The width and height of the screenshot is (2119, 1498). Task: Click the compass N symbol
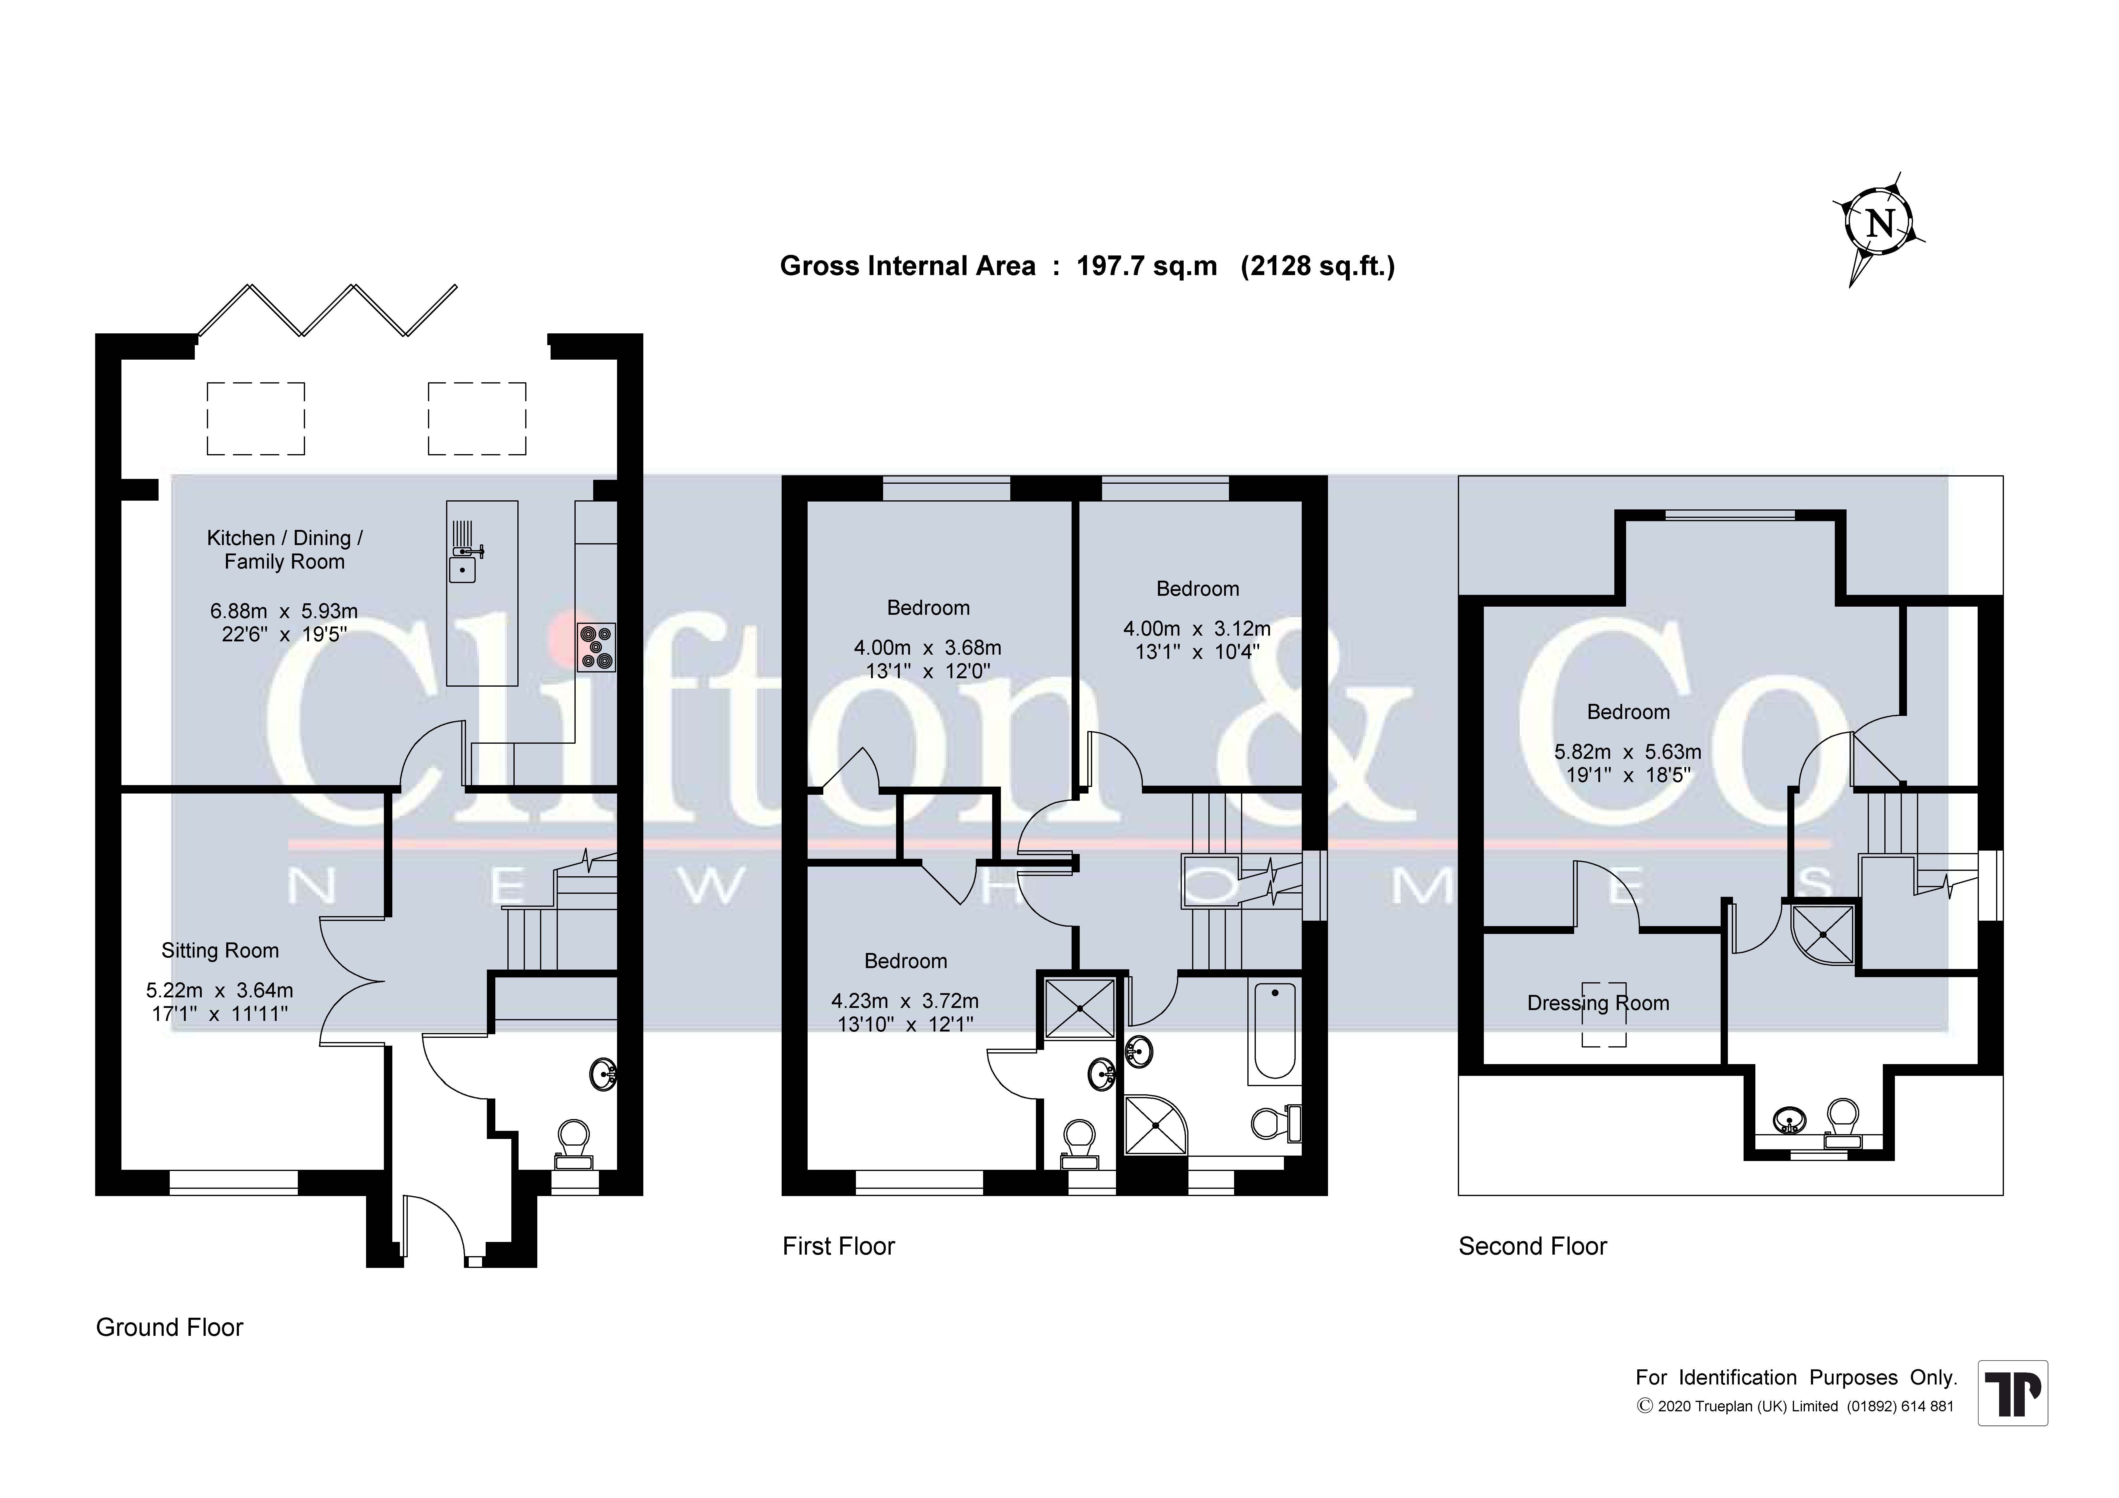click(1879, 224)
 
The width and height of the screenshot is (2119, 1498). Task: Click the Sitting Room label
click(220, 951)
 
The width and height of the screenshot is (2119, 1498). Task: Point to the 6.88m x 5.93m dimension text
click(284, 611)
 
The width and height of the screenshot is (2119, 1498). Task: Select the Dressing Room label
click(1599, 1003)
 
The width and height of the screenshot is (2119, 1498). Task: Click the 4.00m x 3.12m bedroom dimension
click(1197, 629)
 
